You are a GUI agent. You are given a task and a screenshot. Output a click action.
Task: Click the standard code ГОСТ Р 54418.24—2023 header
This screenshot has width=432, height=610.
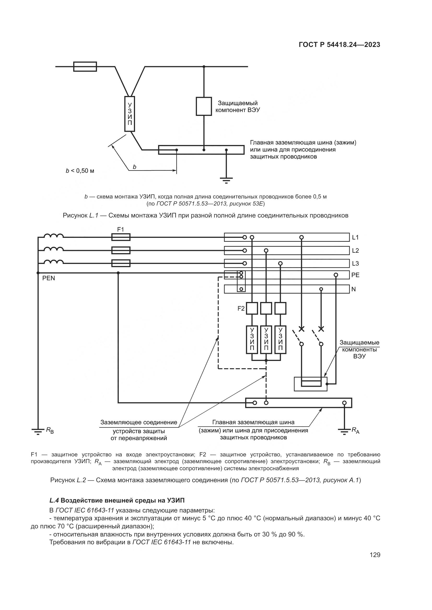pyautogui.click(x=340, y=45)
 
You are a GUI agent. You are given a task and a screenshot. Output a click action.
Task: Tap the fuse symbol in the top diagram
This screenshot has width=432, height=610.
pyautogui.click(x=85, y=67)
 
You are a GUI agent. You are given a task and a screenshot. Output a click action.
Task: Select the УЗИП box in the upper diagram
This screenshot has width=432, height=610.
pyautogui.click(x=130, y=114)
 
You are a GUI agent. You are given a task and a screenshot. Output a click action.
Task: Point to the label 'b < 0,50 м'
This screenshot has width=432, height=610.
pyautogui.click(x=80, y=171)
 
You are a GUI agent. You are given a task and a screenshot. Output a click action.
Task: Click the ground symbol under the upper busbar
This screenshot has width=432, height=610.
pyautogui.click(x=226, y=180)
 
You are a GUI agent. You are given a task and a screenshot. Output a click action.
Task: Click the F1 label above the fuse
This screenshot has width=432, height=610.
pyautogui.click(x=120, y=229)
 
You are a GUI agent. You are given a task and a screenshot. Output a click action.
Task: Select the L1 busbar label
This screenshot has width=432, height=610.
pyautogui.click(x=355, y=237)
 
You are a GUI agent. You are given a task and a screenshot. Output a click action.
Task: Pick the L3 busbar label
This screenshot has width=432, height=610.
pyautogui.click(x=355, y=263)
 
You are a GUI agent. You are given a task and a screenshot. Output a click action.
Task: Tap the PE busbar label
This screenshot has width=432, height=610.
pyautogui.click(x=355, y=275)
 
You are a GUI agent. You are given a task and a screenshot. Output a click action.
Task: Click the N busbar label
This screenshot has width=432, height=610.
pyautogui.click(x=354, y=289)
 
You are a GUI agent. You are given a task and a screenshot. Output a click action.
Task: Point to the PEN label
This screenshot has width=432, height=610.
pyautogui.click(x=49, y=278)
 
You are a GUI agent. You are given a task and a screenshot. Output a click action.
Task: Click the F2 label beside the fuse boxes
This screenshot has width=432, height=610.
pyautogui.click(x=241, y=309)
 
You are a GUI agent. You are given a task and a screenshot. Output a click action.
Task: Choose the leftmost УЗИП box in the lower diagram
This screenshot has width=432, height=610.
pyautogui.click(x=252, y=340)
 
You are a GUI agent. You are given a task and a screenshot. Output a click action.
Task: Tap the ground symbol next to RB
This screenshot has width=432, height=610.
pyautogui.click(x=38, y=431)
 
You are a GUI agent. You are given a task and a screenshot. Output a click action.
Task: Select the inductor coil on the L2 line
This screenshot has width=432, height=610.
pyautogui.click(x=54, y=249)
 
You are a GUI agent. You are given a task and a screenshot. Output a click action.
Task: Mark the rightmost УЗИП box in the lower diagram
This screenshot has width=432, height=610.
pyautogui.click(x=280, y=340)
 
